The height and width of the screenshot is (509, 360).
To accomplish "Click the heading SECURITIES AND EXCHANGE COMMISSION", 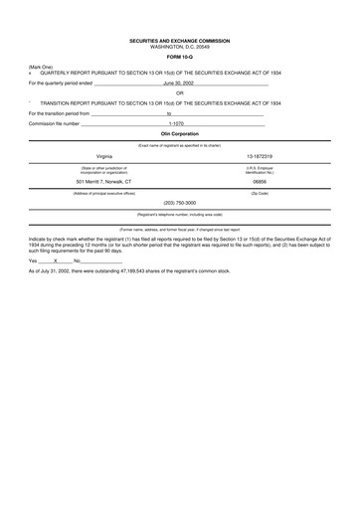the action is click(x=180, y=41).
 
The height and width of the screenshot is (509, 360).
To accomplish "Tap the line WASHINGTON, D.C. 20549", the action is click(x=180, y=47).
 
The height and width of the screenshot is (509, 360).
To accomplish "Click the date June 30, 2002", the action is click(x=179, y=85).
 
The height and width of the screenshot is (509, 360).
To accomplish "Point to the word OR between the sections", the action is click(x=180, y=94).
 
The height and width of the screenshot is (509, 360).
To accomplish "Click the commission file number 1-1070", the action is click(x=176, y=123).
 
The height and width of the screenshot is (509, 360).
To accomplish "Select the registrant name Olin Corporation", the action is click(x=180, y=133).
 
